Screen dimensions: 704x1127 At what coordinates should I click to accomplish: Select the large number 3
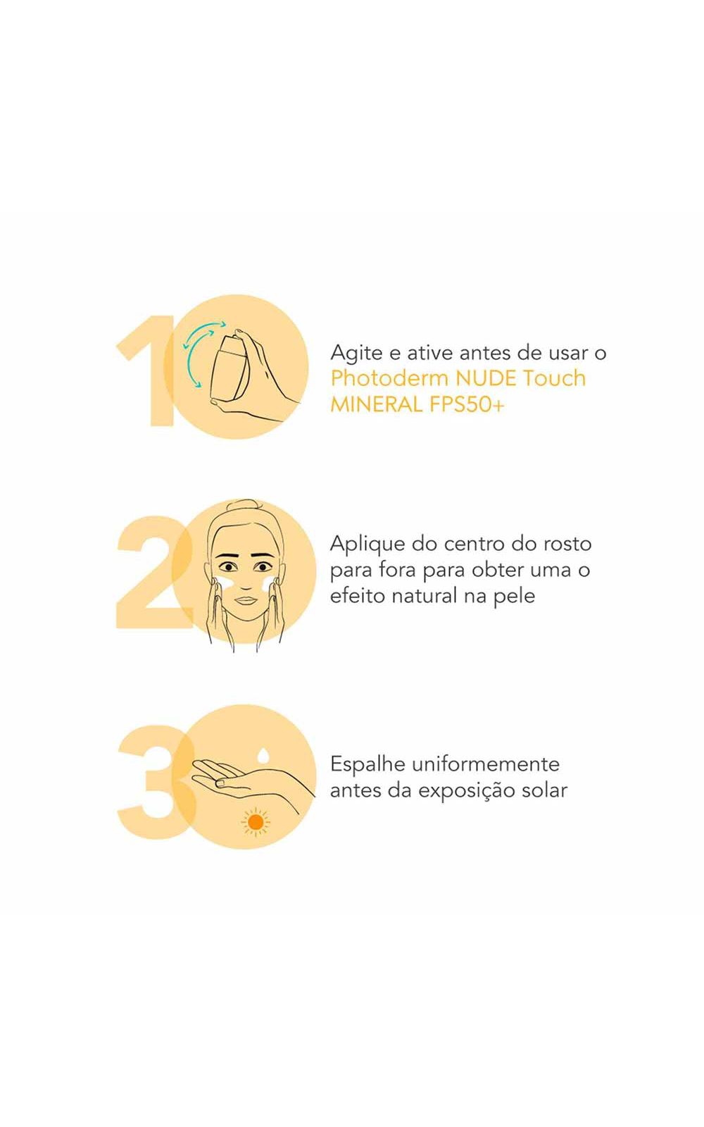[156, 782]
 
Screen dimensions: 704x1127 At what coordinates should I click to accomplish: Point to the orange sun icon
[256, 822]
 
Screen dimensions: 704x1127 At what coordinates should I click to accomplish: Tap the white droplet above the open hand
[263, 755]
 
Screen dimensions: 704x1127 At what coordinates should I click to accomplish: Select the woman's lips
[246, 600]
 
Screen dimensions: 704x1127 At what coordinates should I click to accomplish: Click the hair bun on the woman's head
[246, 504]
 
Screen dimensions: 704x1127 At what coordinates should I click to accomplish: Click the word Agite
[356, 354]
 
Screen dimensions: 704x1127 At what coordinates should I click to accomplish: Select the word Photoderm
[389, 378]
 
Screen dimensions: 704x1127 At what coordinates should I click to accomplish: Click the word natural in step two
[424, 596]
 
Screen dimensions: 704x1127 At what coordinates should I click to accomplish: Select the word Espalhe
[367, 765]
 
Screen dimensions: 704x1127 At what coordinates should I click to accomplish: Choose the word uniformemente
[485, 764]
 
